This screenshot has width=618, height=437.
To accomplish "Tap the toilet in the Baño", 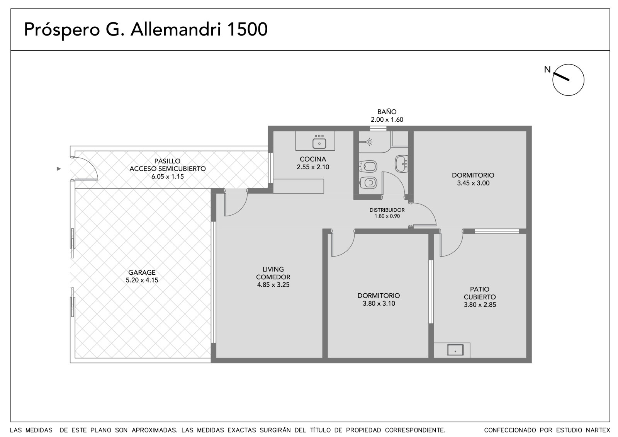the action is pyautogui.click(x=368, y=182).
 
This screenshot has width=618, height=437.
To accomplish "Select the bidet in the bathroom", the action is pyautogui.click(x=368, y=166).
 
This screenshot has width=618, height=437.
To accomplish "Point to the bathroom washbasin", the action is pyautogui.click(x=402, y=164).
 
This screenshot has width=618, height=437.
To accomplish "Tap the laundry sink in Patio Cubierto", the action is pyautogui.click(x=455, y=350).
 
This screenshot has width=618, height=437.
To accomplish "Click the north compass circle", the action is pyautogui.click(x=568, y=80).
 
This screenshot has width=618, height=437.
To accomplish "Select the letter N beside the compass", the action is pyautogui.click(x=547, y=70).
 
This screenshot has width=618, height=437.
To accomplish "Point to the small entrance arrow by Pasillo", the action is pyautogui.click(x=58, y=169).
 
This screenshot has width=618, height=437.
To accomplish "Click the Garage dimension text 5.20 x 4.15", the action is pyautogui.click(x=142, y=280).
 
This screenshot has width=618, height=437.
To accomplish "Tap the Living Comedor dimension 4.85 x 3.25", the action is pyautogui.click(x=273, y=285).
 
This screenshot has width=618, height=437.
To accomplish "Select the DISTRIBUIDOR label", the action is pyautogui.click(x=387, y=210).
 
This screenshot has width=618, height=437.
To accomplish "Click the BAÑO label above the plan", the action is pyautogui.click(x=387, y=112).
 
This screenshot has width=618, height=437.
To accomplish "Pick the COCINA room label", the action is pyautogui.click(x=313, y=159).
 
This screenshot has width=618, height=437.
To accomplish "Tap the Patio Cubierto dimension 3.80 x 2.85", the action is pyautogui.click(x=480, y=305).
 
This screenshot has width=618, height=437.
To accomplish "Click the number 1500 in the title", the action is pyautogui.click(x=247, y=29).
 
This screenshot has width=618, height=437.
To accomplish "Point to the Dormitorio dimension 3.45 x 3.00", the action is pyautogui.click(x=473, y=183).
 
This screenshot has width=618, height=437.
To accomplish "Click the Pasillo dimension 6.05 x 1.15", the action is pyautogui.click(x=168, y=177).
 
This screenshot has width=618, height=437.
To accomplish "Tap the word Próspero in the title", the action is pyautogui.click(x=61, y=30).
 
